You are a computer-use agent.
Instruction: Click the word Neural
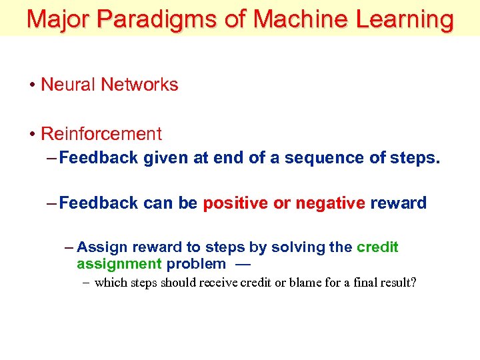coord(67,85)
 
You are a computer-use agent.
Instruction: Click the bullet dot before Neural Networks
coord(32,85)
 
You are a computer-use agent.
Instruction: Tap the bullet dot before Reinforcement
coord(32,134)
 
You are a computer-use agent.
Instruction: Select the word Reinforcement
coord(101,134)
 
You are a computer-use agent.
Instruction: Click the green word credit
coord(377,247)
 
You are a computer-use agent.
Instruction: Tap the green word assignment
coord(119,264)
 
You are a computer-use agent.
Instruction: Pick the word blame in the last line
coord(295,283)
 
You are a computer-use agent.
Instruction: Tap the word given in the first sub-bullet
coord(161,158)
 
